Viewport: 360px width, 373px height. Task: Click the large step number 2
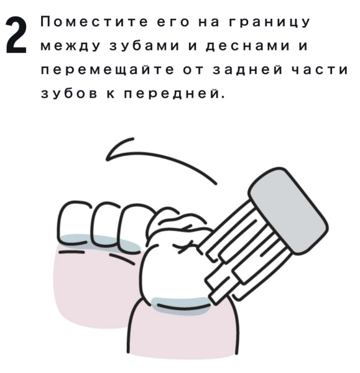click(x=16, y=35)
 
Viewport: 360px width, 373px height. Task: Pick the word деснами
click(x=248, y=47)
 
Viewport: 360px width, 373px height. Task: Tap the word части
click(x=320, y=70)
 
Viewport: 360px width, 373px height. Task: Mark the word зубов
click(x=70, y=93)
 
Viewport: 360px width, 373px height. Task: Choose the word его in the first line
click(x=173, y=22)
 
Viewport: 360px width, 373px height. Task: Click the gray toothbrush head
click(x=288, y=211)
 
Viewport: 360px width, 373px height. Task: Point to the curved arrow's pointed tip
click(x=107, y=159)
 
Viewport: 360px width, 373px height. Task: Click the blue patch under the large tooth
click(x=181, y=306)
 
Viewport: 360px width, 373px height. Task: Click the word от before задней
click(x=194, y=70)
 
